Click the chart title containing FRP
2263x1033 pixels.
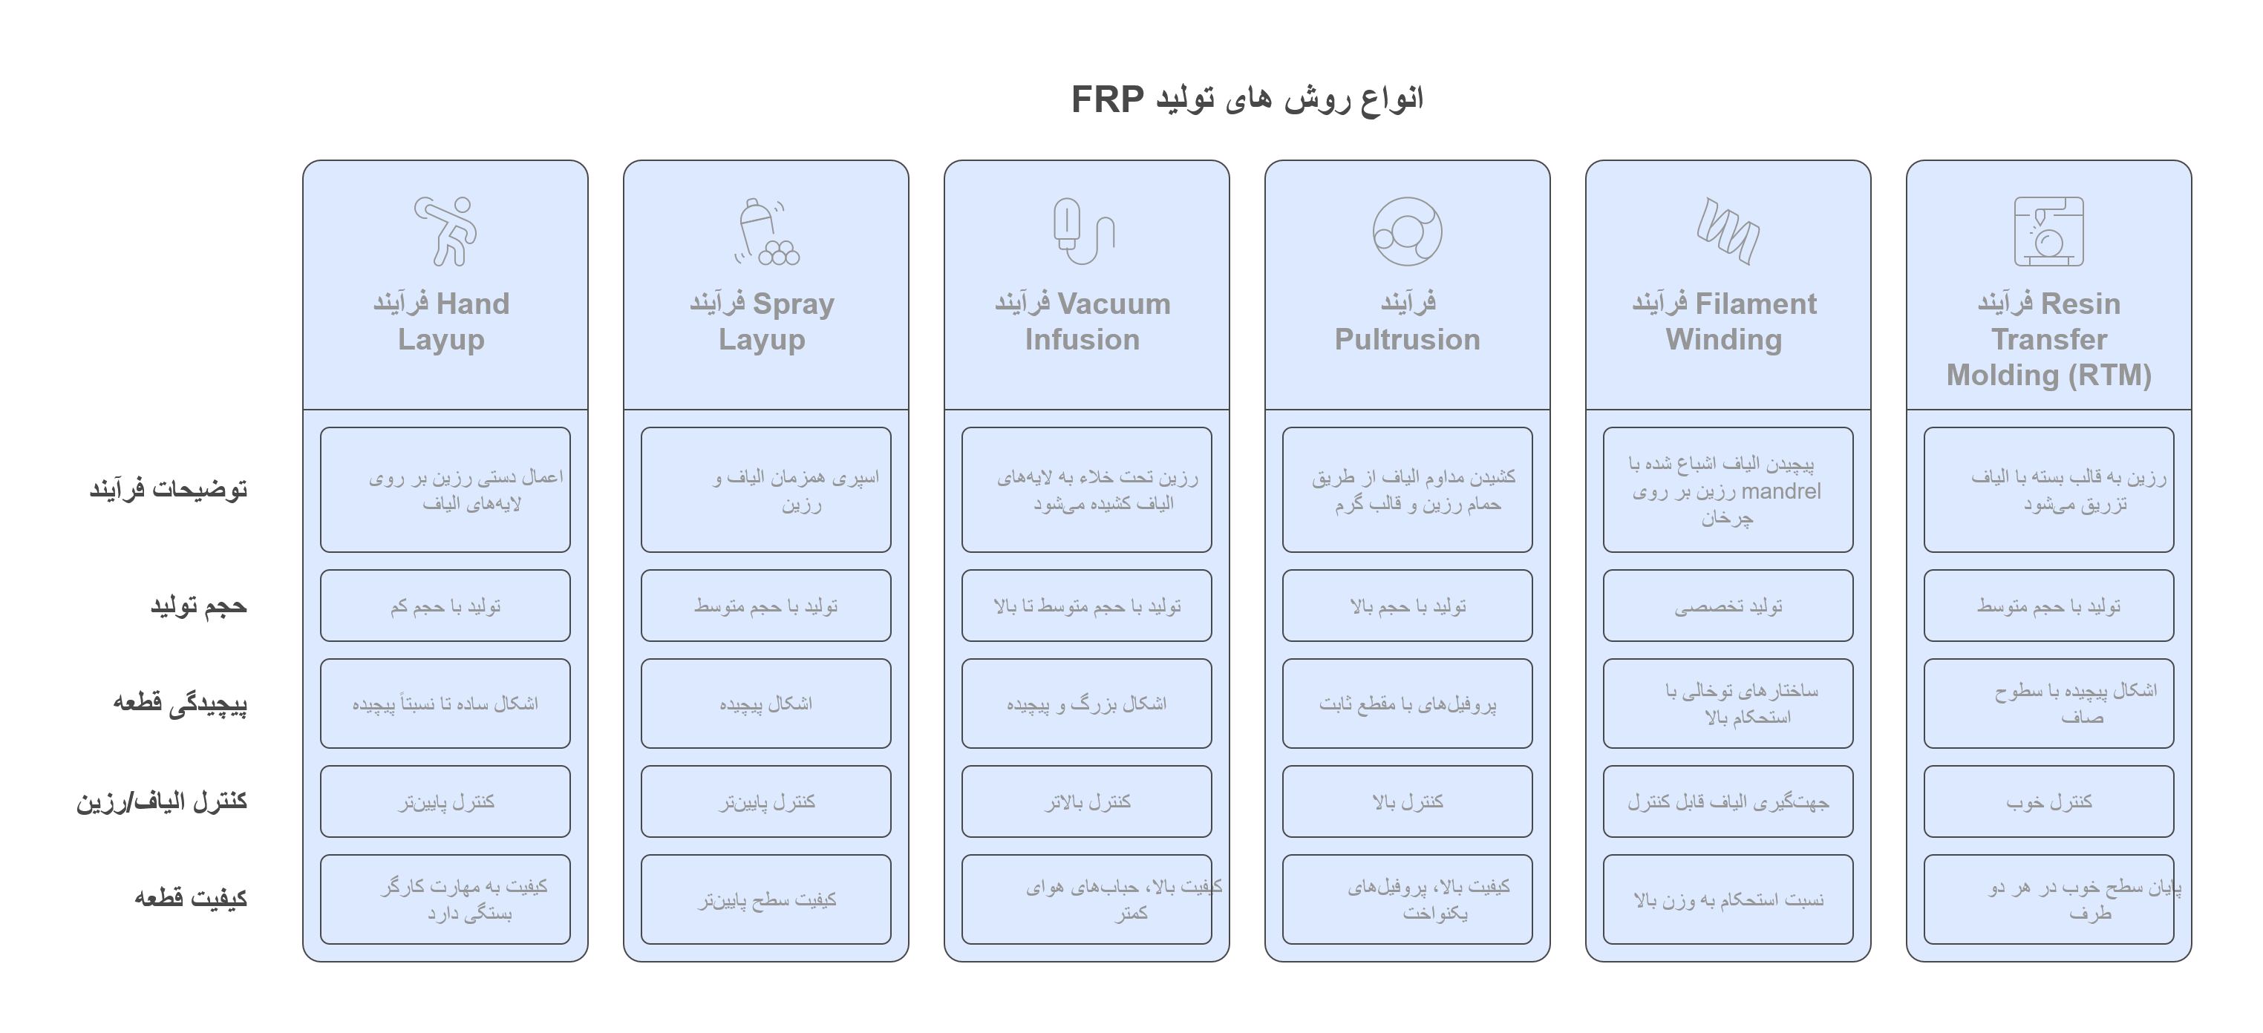coord(1247,99)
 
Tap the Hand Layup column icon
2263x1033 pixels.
coord(446,231)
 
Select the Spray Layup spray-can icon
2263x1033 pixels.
coord(766,232)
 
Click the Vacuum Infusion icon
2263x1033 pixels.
coord(1084,231)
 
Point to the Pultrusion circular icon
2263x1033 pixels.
coord(1408,231)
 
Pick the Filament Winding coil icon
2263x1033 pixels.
coord(1728,230)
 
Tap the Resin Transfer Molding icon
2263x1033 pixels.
coord(2048,231)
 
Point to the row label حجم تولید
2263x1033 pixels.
coord(198,606)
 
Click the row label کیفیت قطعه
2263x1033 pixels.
coord(191,898)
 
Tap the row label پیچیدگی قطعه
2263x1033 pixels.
coord(180,704)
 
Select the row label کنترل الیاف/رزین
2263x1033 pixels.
coord(162,801)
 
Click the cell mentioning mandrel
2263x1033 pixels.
coord(1728,490)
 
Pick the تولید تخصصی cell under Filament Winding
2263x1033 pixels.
coord(1728,606)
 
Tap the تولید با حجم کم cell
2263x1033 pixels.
coord(445,606)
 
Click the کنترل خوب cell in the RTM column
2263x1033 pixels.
coord(2048,801)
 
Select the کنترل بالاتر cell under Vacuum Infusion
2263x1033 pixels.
coord(1087,801)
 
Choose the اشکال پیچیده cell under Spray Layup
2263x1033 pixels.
coord(766,704)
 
